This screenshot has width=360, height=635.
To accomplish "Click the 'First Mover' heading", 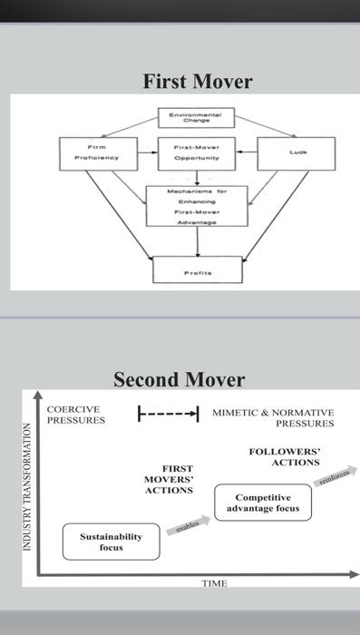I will coord(197,82).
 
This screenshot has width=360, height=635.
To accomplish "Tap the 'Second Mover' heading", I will coord(179,378).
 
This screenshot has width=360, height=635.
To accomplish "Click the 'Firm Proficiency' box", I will coord(97,151).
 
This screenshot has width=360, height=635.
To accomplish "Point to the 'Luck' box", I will coord(296,152).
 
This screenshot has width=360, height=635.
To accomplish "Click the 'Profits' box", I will coord(197,269).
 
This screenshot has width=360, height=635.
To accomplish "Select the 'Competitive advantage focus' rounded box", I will coord(263,503).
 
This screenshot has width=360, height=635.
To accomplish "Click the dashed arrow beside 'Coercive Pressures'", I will coord(168,414).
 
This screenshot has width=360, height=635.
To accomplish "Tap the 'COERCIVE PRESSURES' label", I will coord(75,415).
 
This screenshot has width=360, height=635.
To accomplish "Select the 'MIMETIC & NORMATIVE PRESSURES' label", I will coord(273,417).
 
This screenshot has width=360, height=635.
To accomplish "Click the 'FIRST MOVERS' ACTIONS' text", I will coord(170,479).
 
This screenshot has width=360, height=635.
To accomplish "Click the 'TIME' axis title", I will coord(214,583).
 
